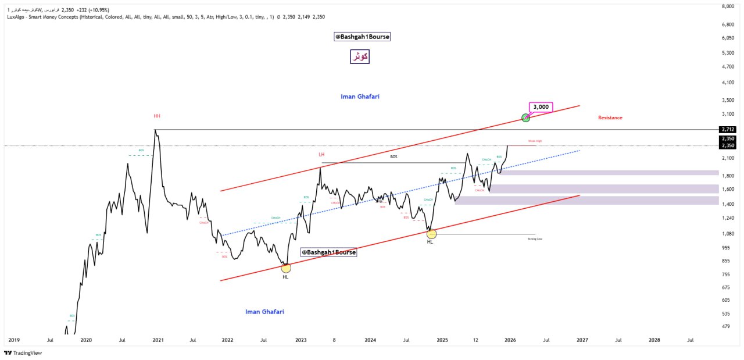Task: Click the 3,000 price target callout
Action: click(541, 107)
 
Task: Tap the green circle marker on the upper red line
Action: click(525, 117)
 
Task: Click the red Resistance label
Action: click(610, 117)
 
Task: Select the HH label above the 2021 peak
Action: click(157, 116)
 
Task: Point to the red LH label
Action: click(321, 154)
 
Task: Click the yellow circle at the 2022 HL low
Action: click(286, 268)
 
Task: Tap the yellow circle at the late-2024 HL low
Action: click(431, 234)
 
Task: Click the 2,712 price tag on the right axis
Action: click(727, 129)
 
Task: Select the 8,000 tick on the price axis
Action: click(727, 6)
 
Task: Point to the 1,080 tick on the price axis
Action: click(727, 234)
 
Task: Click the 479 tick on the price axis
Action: click(726, 326)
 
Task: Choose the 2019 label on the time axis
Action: click(14, 340)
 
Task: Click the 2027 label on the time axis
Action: click(582, 340)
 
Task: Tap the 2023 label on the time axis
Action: click(301, 340)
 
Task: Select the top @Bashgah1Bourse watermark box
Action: click(362, 37)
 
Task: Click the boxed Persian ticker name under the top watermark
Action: click(360, 56)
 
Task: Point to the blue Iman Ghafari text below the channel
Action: click(264, 312)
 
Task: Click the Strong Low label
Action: click(535, 238)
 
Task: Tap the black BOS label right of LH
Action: click(394, 156)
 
